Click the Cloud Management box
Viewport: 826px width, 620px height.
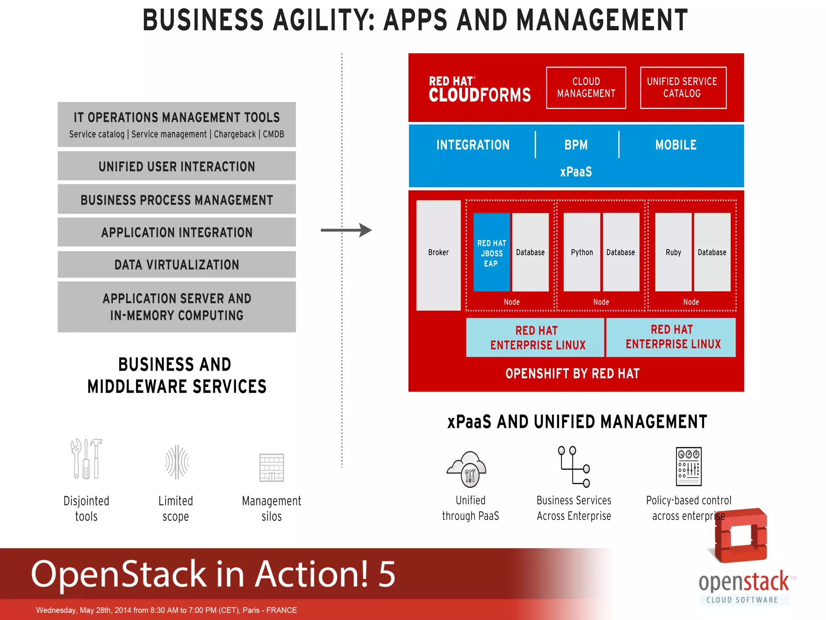586,88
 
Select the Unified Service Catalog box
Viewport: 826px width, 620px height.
683,88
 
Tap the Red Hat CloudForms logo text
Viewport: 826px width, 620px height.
480,89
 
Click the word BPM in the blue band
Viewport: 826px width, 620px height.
576,145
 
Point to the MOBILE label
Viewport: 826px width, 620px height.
676,145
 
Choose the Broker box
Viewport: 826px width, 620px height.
438,255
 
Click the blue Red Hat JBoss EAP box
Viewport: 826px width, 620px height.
491,253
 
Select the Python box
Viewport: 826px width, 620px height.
582,252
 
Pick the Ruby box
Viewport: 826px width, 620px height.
673,252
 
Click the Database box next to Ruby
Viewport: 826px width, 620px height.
712,252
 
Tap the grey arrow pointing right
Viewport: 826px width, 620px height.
346,230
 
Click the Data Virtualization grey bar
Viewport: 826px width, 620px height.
177,265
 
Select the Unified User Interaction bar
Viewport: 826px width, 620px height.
177,166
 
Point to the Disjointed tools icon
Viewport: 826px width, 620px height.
86,459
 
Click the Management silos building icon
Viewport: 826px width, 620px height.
271,467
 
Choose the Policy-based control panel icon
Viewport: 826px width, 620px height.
688,466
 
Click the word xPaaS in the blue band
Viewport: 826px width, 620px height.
576,172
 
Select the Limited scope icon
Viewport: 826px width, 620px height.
177,462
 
